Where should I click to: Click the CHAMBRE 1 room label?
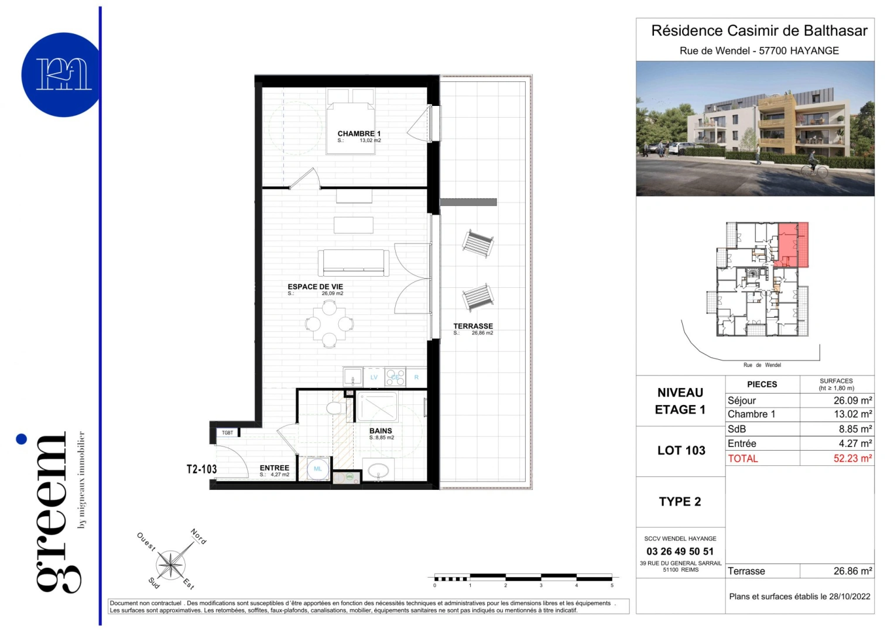pyautogui.click(x=359, y=133)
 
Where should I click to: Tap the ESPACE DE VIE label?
pyautogui.click(x=315, y=287)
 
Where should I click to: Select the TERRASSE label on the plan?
pyautogui.click(x=473, y=326)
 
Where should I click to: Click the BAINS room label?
pyautogui.click(x=381, y=431)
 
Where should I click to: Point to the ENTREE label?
pyautogui.click(x=275, y=468)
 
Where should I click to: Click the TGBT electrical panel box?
pyautogui.click(x=228, y=432)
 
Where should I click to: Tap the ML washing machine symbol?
pyautogui.click(x=318, y=469)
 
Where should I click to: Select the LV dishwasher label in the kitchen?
pyautogui.click(x=374, y=377)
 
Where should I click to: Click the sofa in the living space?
pyautogui.click(x=354, y=263)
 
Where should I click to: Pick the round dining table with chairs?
pyautogui.click(x=330, y=324)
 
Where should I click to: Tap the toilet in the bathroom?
pyautogui.click(x=335, y=407)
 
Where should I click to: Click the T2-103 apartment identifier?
pyautogui.click(x=201, y=469)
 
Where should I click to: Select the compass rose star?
pyautogui.click(x=171, y=565)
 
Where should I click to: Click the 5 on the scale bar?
pyautogui.click(x=612, y=585)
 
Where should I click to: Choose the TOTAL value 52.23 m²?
pyautogui.click(x=852, y=458)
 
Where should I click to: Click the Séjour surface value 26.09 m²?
pyautogui.click(x=852, y=401)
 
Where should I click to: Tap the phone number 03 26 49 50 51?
pyautogui.click(x=680, y=551)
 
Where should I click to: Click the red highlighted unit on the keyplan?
pyautogui.click(x=793, y=243)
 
